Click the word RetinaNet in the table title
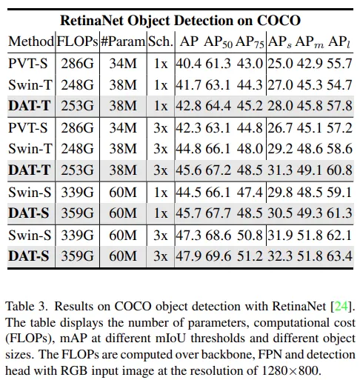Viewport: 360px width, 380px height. click(92, 21)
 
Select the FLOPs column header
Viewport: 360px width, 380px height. click(78, 41)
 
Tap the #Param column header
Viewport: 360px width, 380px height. click(123, 41)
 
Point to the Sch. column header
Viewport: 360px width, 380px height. click(161, 41)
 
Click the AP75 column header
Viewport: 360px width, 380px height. click(250, 42)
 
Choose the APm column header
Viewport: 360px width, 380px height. click(310, 42)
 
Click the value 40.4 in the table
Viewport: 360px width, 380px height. click(188, 64)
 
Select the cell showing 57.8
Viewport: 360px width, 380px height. click(339, 106)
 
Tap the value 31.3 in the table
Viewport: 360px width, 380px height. click(281, 170)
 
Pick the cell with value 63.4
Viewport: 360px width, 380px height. click(339, 256)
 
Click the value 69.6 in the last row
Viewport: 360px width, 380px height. click(219, 256)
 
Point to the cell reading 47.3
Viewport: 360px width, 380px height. click(188, 235)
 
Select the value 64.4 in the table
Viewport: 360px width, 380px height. click(219, 106)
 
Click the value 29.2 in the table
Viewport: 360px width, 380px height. click(281, 149)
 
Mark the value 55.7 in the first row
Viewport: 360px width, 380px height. click(339, 64)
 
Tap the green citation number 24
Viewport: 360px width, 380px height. click(341, 307)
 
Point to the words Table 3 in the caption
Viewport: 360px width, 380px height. click(26, 307)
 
